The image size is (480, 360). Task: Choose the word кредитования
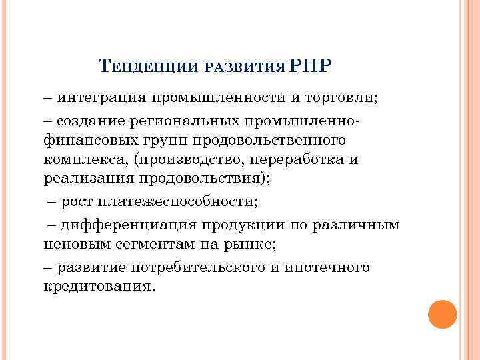coord(97,287)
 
